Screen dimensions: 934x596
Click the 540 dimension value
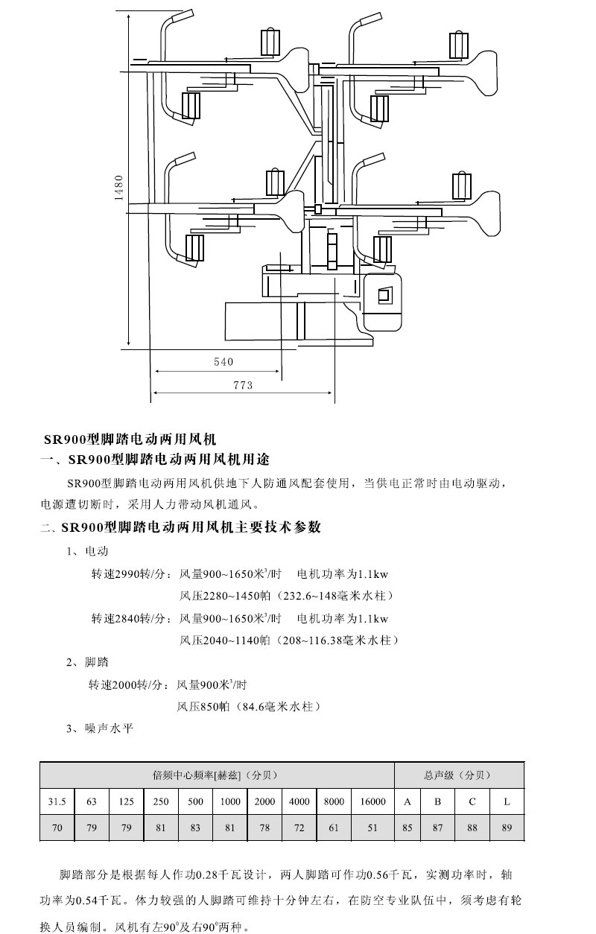point(223,362)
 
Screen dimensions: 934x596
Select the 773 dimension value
point(243,385)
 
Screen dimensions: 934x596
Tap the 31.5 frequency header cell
point(57,802)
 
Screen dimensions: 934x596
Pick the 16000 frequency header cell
point(372,802)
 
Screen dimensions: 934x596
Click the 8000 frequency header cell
point(334,802)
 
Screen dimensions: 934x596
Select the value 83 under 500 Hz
point(195,827)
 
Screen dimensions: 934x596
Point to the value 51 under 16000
point(372,827)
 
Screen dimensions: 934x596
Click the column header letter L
point(507,802)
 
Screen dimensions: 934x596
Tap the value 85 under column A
point(407,827)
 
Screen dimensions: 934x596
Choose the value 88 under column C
point(472,827)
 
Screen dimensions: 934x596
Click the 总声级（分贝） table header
point(458,775)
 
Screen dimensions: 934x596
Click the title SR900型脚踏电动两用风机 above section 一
point(129,440)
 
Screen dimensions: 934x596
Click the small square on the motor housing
point(384,296)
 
